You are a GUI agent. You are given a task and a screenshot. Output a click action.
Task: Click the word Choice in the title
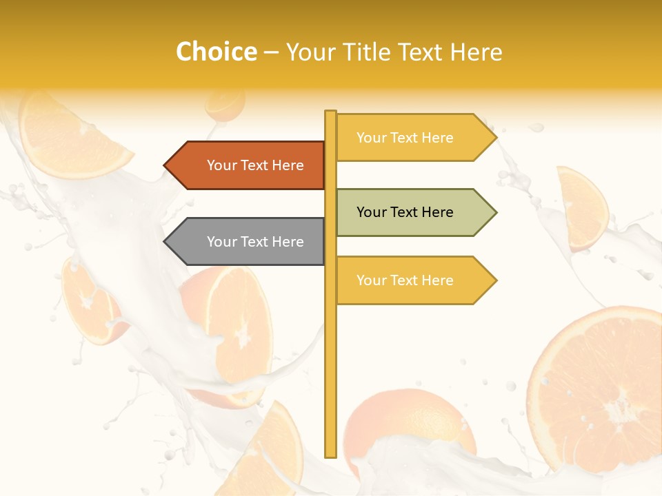point(216,52)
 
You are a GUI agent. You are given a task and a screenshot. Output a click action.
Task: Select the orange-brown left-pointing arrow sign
point(248,165)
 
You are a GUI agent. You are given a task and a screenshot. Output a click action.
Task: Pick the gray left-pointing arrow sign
point(248,242)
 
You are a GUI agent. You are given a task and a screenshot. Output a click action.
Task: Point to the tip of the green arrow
point(495,212)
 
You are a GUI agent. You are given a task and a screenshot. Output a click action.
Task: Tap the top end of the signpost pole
point(330,112)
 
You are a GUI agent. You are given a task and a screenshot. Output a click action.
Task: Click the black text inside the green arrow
point(405,212)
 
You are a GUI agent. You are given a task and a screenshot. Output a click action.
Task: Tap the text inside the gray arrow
point(255,242)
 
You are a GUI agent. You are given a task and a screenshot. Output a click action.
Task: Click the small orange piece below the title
point(225,103)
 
